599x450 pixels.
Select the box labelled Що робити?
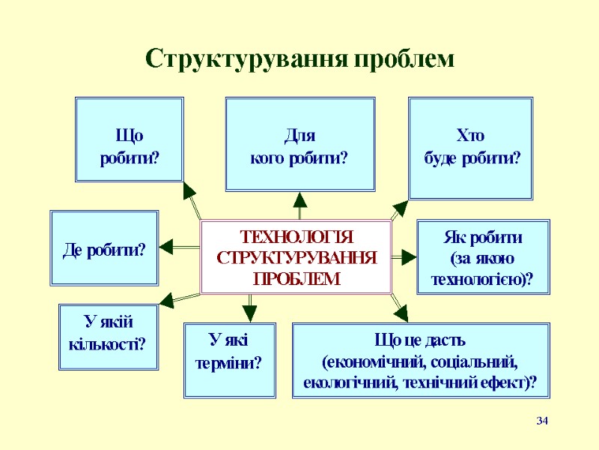click(x=130, y=139)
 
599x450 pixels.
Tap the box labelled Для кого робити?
click(x=299, y=145)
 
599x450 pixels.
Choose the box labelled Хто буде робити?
click(x=470, y=147)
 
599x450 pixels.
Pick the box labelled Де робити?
click(x=104, y=249)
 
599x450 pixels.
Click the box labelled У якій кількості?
click(x=109, y=337)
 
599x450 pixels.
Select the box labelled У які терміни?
click(x=229, y=359)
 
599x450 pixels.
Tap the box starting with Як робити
click(x=482, y=256)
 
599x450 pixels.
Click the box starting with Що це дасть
click(x=420, y=361)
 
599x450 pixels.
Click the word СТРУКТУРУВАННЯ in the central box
click(x=296, y=258)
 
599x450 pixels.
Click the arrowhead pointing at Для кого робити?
click(x=300, y=199)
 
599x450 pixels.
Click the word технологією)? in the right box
click(x=482, y=279)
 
